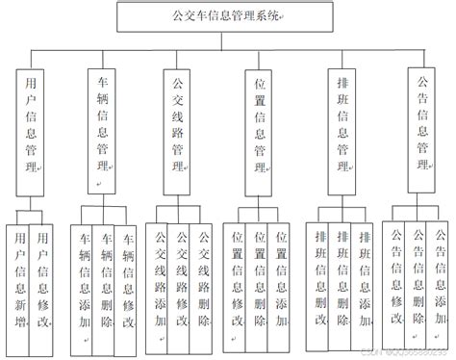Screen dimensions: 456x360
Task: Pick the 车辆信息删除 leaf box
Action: [x=107, y=284]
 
